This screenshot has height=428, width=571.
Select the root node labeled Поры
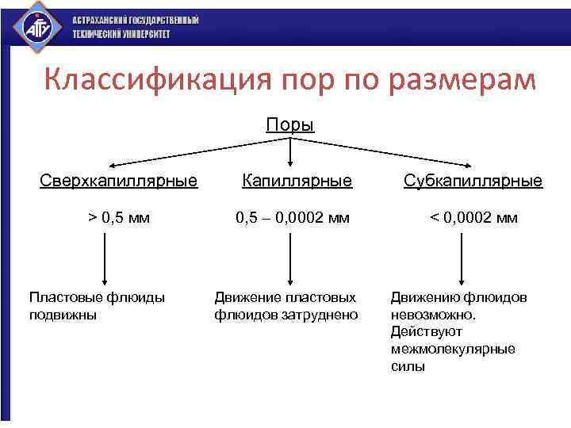pos(290,125)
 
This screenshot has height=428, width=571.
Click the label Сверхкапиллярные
pos(119,181)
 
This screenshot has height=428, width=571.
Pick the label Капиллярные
pos(297,181)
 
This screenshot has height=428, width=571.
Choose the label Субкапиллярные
pos(473,181)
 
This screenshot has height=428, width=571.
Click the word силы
pos(408,366)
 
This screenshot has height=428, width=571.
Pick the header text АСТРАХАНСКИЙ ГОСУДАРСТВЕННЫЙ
pos(136,20)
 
